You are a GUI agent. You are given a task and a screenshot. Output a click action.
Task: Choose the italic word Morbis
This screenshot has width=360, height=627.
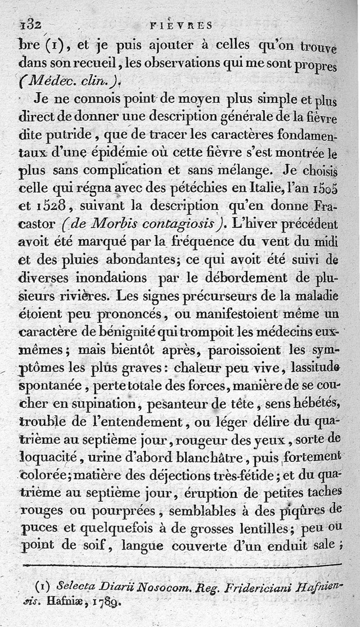119,224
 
